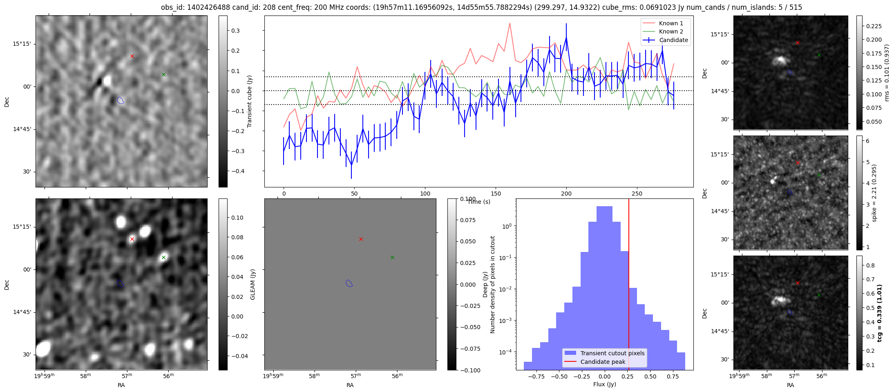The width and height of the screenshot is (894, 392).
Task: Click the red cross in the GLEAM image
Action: click(x=132, y=239)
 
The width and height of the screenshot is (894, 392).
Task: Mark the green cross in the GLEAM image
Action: click(x=163, y=257)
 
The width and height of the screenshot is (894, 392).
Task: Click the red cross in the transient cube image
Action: click(x=132, y=56)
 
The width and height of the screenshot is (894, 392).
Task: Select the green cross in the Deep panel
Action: click(x=392, y=257)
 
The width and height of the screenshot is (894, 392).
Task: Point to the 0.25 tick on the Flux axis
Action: click(x=628, y=376)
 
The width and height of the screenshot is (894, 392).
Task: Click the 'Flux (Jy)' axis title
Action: click(x=604, y=384)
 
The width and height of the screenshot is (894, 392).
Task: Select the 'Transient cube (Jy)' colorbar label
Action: click(x=249, y=101)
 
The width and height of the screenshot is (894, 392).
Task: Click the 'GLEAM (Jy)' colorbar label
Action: click(x=253, y=285)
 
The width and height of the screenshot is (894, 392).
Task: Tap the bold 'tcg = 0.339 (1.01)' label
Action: click(x=880, y=313)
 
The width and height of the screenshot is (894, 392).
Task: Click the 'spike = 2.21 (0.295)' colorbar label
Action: click(x=874, y=193)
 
